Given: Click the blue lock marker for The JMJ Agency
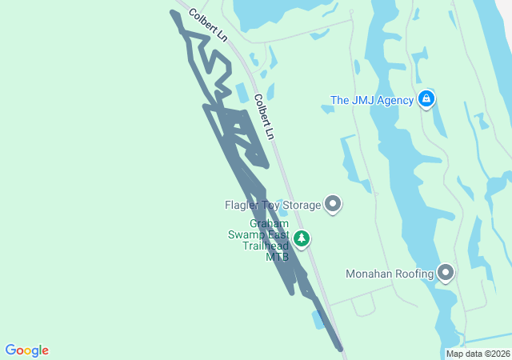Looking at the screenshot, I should (x=426, y=99).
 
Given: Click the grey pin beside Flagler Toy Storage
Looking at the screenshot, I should (x=333, y=205).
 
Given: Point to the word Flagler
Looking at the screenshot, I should (x=242, y=206).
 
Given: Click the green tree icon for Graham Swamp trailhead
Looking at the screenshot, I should (x=302, y=238).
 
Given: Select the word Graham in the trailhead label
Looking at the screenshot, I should (x=265, y=223).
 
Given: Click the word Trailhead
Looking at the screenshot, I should (x=265, y=246).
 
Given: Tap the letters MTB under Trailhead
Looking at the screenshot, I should (x=277, y=257).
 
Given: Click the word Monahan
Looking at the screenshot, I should (x=370, y=274).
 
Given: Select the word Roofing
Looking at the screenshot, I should (x=414, y=274).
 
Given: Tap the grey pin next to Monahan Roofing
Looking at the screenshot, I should (x=446, y=273).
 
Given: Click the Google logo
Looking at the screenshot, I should (x=26, y=350).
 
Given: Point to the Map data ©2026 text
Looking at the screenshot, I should (x=478, y=354).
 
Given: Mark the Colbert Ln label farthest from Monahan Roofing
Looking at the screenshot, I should (x=209, y=25).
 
